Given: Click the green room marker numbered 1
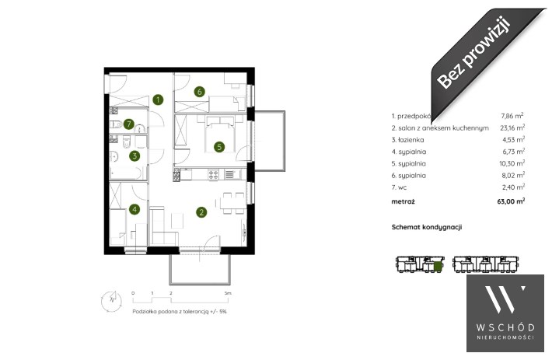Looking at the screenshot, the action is click(x=158, y=100).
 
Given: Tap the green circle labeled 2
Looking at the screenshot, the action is click(x=201, y=212).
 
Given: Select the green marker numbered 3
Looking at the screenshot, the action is click(x=135, y=156).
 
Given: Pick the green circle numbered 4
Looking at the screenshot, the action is click(x=135, y=210).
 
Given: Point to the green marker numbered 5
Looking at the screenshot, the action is click(x=219, y=147).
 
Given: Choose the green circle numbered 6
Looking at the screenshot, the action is click(x=200, y=92).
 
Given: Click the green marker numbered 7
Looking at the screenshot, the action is click(x=129, y=124).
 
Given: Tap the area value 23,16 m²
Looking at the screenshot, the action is click(x=512, y=128).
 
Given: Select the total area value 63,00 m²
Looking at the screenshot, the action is click(x=511, y=201).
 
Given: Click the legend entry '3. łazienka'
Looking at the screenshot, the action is click(x=407, y=140).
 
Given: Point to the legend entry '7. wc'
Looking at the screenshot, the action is click(x=399, y=187).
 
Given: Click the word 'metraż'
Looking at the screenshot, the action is click(x=403, y=201).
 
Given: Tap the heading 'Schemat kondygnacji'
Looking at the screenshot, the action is click(x=427, y=227).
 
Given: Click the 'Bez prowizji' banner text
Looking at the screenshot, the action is click(x=473, y=52).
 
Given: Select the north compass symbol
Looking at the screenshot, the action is click(x=112, y=301).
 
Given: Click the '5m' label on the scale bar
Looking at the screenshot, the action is click(x=228, y=293).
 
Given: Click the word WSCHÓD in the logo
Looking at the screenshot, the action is click(x=505, y=327).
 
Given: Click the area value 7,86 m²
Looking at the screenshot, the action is click(x=512, y=115).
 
